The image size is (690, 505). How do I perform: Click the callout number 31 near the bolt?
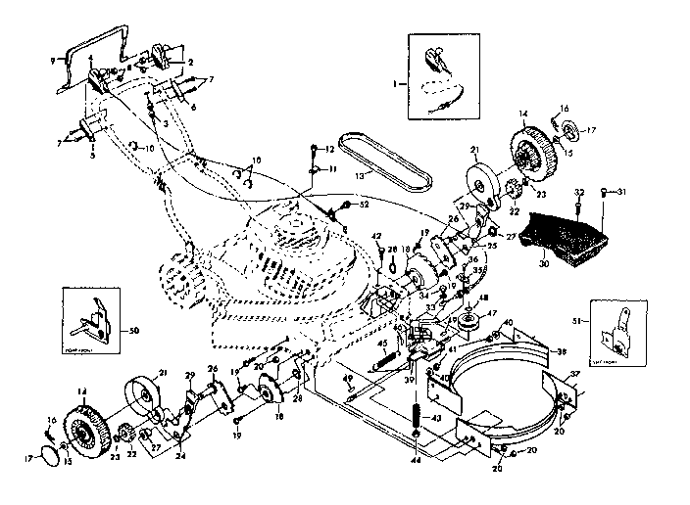[622, 191]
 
